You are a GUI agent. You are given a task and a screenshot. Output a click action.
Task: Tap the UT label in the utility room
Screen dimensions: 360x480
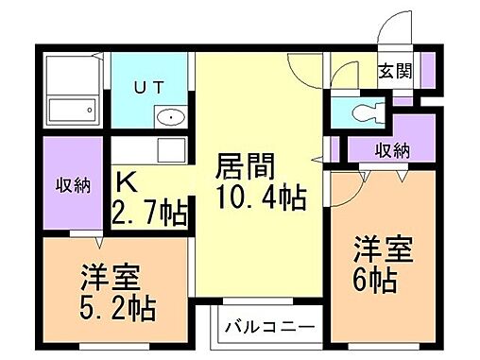[156, 87]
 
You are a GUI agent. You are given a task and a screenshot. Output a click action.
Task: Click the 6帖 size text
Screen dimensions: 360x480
[376, 281]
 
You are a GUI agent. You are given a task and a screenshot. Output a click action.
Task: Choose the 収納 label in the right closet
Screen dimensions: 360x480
[392, 149]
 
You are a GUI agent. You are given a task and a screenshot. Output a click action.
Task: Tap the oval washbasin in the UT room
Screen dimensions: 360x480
[170, 117]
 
